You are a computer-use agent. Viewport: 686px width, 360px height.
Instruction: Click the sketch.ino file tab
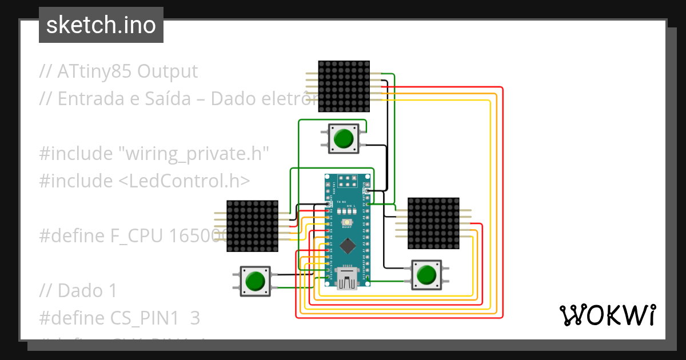(101, 25)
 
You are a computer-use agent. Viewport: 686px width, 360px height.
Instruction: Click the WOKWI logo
(607, 315)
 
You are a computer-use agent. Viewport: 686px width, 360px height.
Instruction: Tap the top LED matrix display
(344, 86)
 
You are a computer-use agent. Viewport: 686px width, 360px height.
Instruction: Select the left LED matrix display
(252, 226)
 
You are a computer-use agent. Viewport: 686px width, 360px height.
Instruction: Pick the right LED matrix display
(433, 223)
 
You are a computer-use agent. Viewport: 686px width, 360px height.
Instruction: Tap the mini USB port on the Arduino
(347, 279)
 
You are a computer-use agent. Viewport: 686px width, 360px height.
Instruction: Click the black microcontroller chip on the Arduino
(347, 246)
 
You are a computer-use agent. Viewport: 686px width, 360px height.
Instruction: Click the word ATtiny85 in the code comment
(94, 71)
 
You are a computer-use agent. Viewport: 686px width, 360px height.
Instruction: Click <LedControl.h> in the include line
(185, 181)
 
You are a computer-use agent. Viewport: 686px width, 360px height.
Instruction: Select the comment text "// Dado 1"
(78, 291)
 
